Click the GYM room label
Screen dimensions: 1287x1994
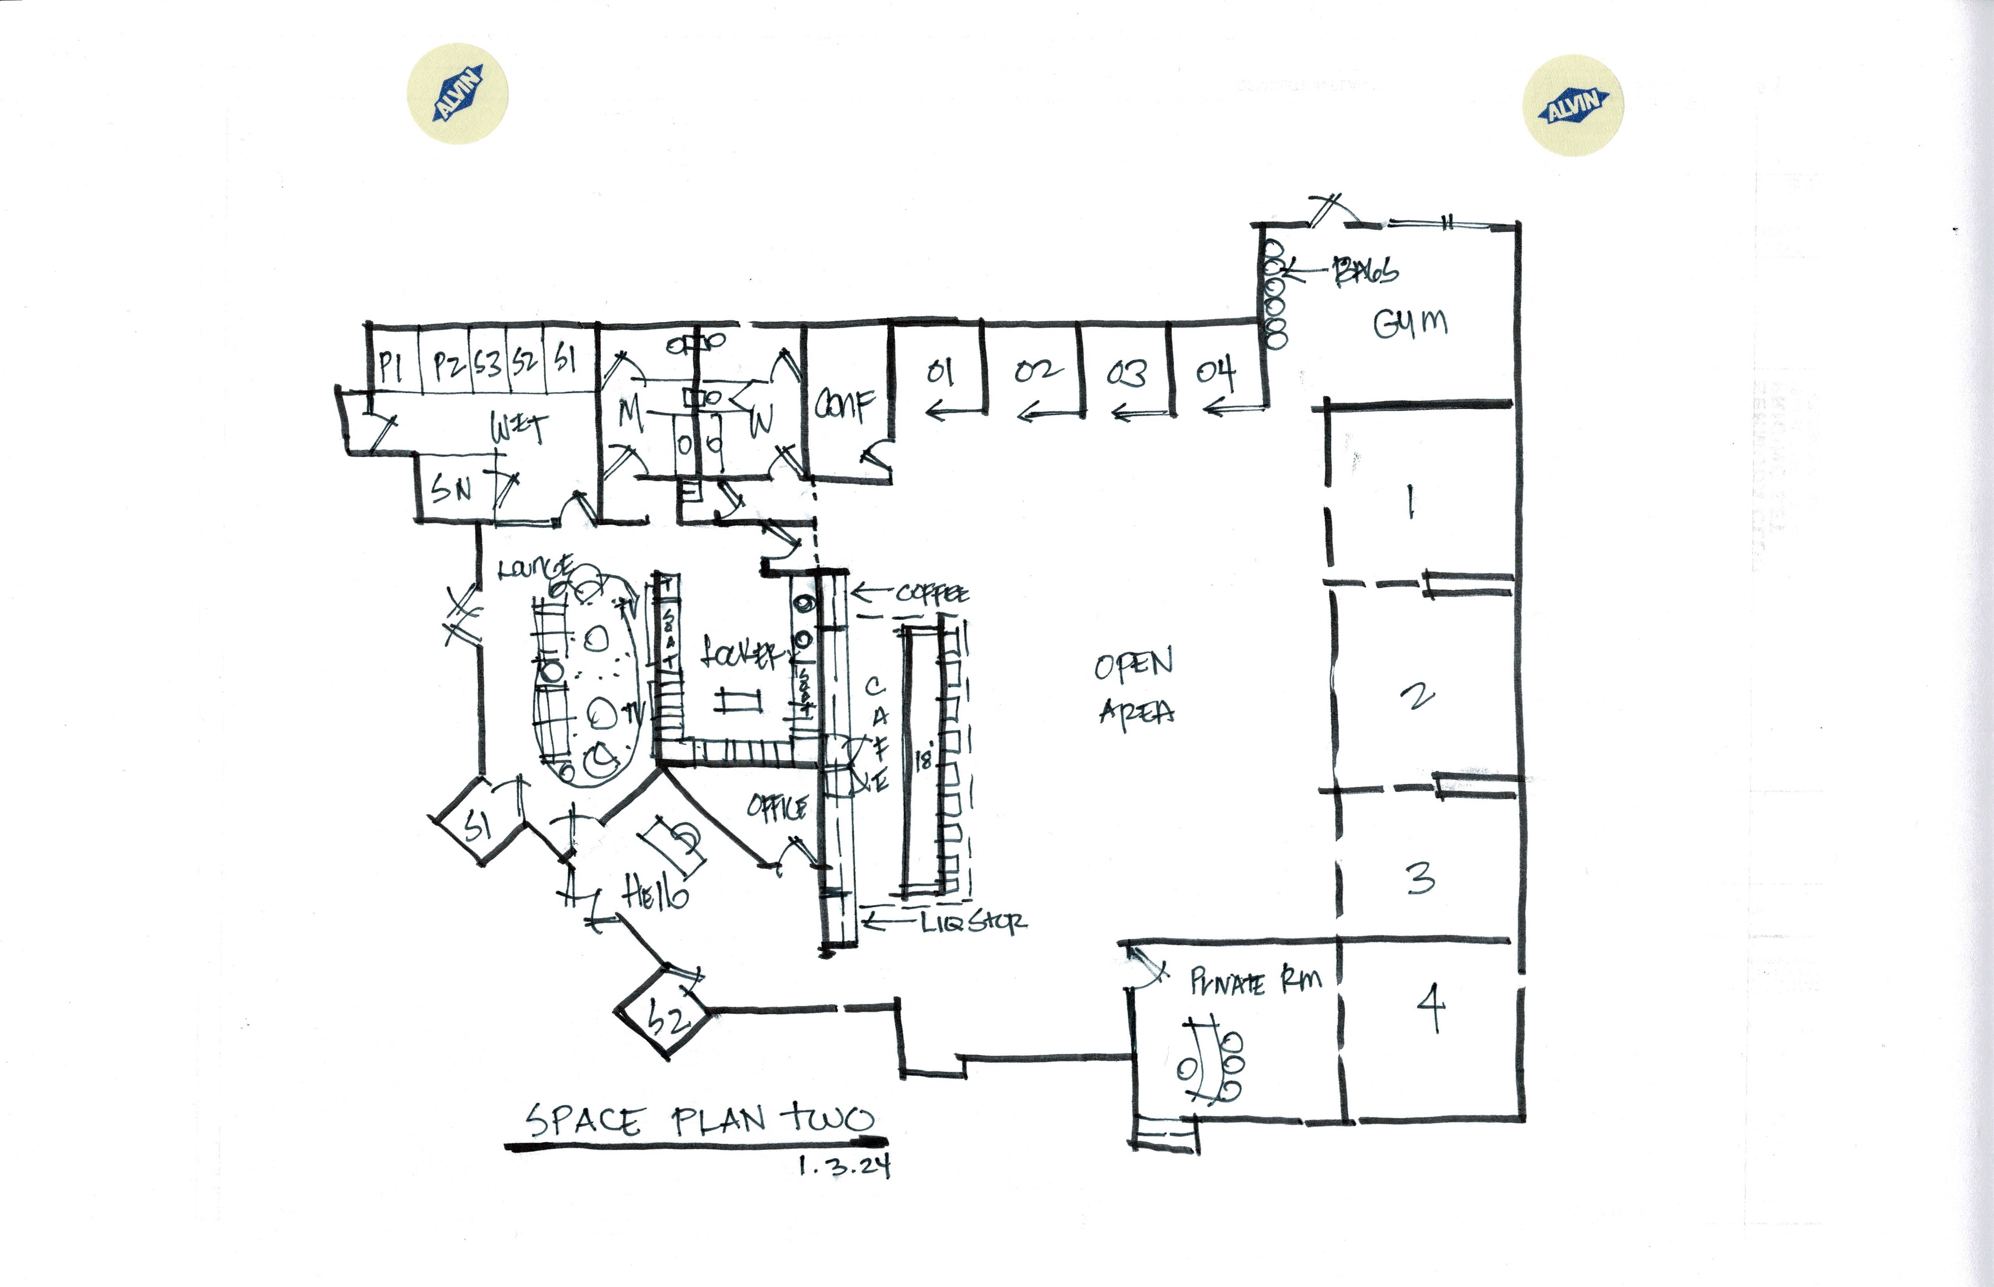pos(1410,324)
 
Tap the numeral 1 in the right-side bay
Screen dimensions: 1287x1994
pos(1410,502)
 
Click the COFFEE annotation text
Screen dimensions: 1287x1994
pos(932,594)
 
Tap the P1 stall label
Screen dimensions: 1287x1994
pos(390,366)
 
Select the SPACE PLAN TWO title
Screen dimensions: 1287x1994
pos(699,1120)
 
